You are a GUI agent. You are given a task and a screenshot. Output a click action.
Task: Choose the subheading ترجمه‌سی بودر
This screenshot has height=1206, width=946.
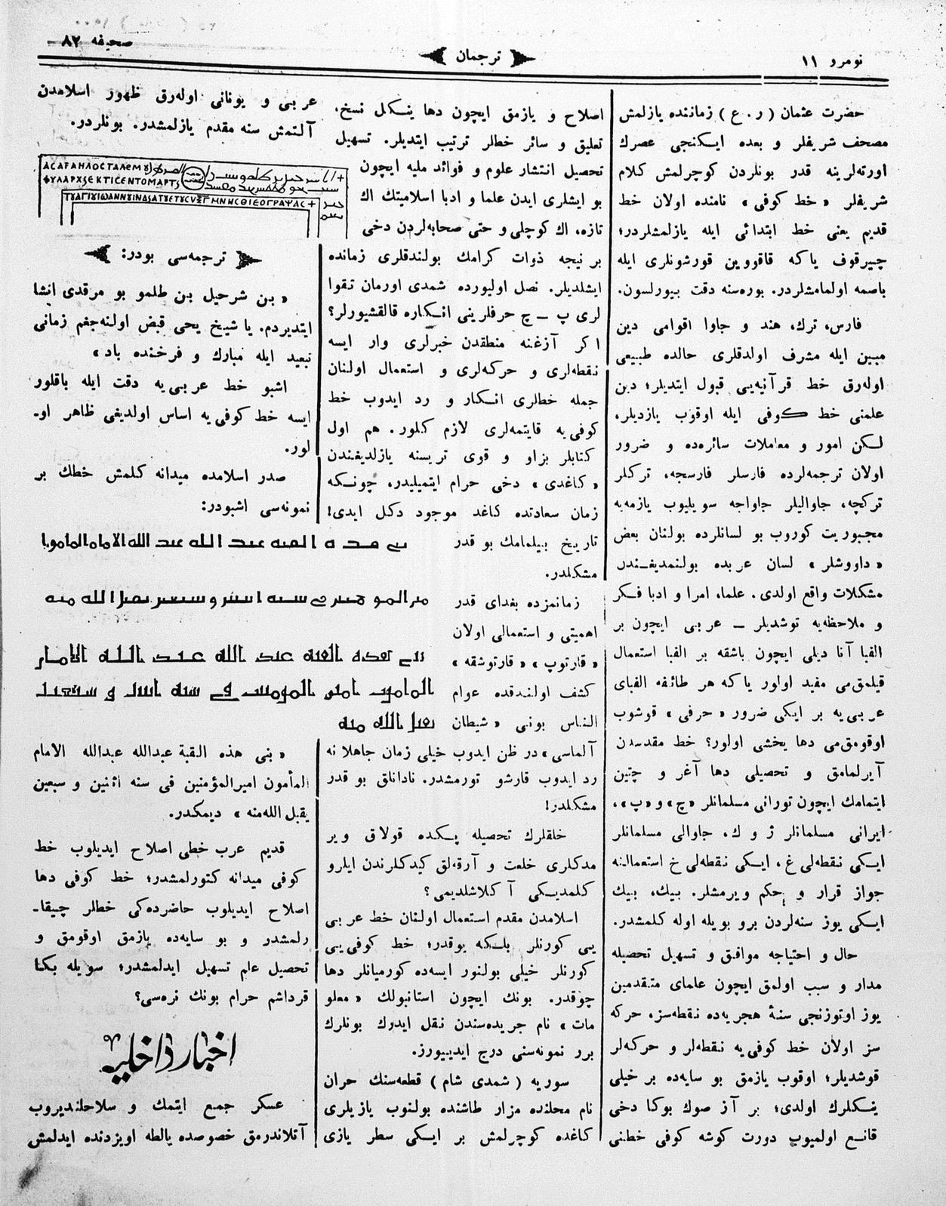171,254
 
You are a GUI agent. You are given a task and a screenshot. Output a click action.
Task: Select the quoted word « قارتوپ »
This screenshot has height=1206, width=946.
562,663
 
